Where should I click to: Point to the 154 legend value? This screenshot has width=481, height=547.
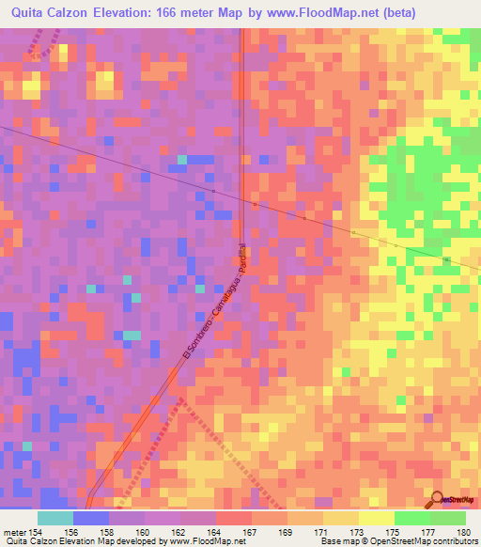pyautogui.click(x=36, y=532)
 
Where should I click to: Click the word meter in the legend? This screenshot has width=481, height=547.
pyautogui.click(x=13, y=532)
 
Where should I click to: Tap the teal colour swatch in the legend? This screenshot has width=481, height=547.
pyautogui.click(x=55, y=518)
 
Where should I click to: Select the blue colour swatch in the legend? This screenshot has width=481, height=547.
pyautogui.click(x=91, y=518)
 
